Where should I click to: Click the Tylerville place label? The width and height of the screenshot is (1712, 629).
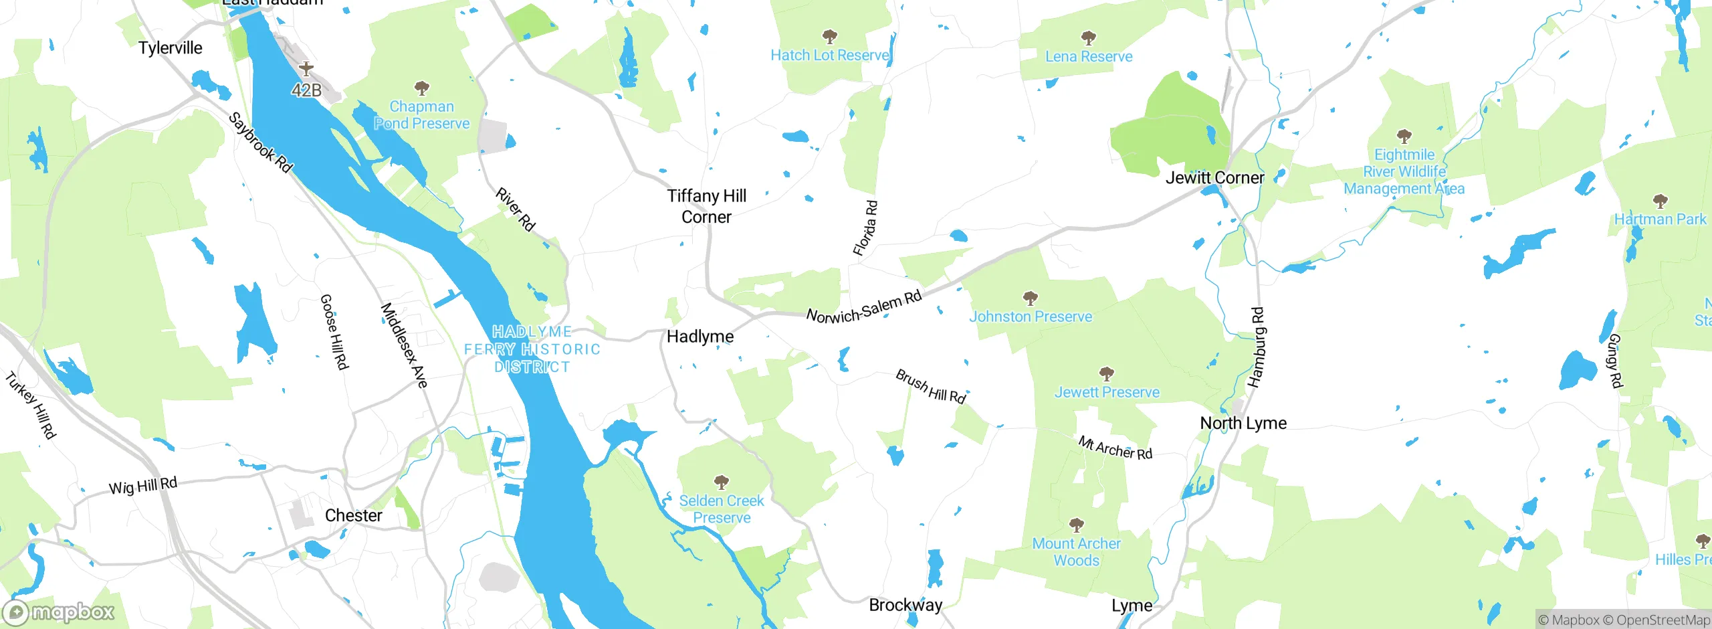click(x=170, y=48)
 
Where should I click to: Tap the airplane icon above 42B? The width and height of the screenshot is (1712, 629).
click(x=306, y=68)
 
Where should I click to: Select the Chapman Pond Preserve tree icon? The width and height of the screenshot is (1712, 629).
click(x=421, y=88)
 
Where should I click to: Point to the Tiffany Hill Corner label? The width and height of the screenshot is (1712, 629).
click(x=706, y=206)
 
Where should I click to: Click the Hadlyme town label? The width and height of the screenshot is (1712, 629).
click(x=700, y=337)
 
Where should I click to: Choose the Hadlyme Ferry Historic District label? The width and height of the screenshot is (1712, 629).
click(x=532, y=349)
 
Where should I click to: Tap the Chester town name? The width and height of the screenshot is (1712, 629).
click(x=353, y=516)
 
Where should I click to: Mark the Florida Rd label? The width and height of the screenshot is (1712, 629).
click(x=865, y=228)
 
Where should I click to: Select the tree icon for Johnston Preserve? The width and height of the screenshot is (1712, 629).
click(x=1031, y=297)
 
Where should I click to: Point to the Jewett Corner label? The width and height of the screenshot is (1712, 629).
click(x=1214, y=178)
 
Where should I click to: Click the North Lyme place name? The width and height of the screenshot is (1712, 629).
click(x=1243, y=423)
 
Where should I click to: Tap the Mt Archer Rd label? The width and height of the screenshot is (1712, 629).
click(x=1115, y=448)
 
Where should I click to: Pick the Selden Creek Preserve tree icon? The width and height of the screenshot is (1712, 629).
click(x=721, y=482)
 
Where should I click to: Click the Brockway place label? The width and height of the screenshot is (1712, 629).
click(x=905, y=605)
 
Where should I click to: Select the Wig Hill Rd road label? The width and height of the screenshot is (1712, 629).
click(x=143, y=486)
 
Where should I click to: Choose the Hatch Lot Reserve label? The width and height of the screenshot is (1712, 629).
click(x=830, y=56)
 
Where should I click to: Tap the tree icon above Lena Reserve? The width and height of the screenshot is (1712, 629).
click(x=1089, y=37)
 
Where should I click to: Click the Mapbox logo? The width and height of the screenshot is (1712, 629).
click(x=59, y=612)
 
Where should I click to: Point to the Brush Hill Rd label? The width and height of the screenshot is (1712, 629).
click(x=931, y=387)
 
